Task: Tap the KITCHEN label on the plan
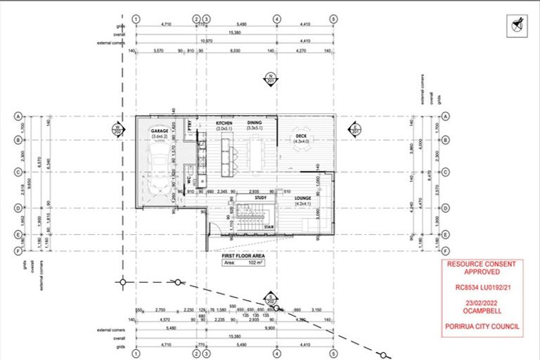224,122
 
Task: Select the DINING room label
255,122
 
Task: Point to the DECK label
301,136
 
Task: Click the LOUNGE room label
304,199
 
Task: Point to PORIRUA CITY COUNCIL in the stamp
482,326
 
